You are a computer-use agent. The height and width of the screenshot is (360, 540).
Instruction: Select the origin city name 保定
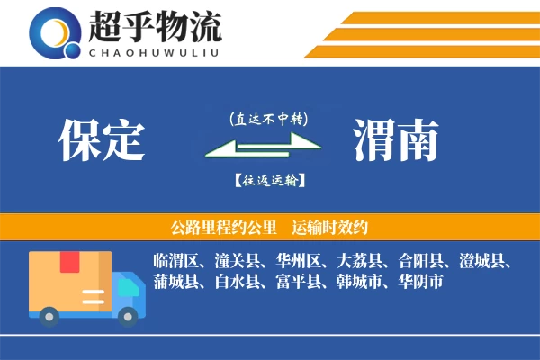[x=102, y=140]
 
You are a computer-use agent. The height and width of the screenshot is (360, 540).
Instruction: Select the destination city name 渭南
[x=396, y=140]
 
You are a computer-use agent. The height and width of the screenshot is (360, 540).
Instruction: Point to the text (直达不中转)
[x=269, y=118]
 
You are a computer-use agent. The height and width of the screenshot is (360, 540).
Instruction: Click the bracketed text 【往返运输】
[x=269, y=180]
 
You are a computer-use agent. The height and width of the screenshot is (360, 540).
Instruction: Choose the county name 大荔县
[x=360, y=262]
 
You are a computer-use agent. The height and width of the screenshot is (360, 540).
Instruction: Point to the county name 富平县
[x=299, y=282]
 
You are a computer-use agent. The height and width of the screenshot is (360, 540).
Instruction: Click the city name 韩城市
[x=360, y=282]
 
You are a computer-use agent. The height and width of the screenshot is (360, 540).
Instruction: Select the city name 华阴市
[x=419, y=282]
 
